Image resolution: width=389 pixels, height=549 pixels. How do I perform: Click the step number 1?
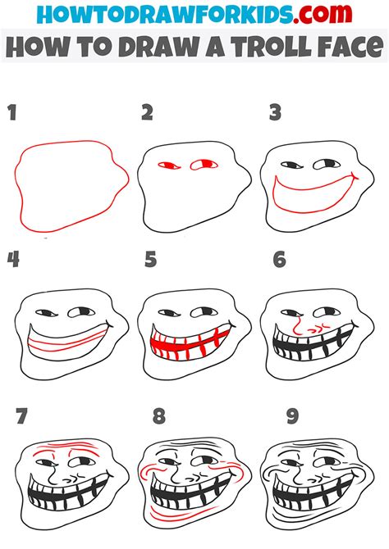pos(12,112)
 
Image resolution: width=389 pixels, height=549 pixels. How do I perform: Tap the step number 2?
pos(148,112)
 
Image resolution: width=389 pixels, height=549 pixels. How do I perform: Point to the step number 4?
pos(13,260)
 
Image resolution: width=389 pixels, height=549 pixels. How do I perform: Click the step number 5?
pos(149,260)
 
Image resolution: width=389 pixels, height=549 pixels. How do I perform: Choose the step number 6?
pos(280,260)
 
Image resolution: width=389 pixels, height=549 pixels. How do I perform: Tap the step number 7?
pos(22,417)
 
